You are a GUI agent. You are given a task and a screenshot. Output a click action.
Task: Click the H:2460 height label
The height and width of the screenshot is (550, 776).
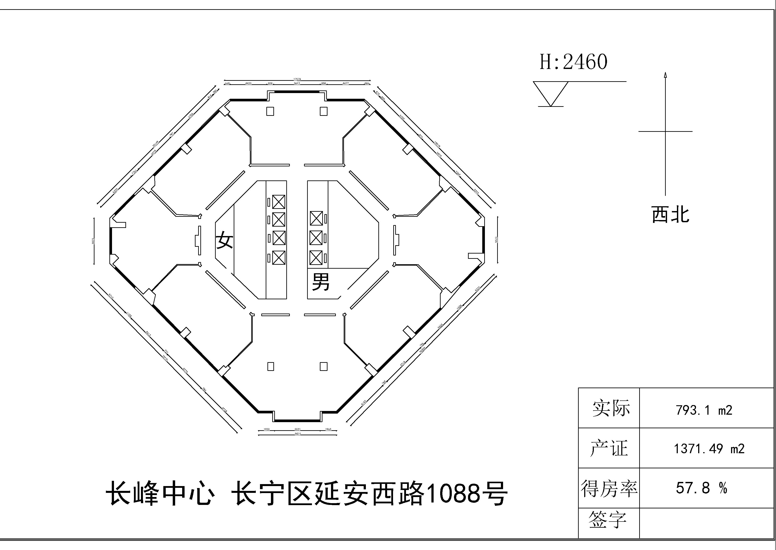point(573,62)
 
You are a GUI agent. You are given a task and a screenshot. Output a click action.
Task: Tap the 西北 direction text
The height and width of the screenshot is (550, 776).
point(670,215)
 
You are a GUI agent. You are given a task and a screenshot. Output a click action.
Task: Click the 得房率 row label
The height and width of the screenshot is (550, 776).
point(609,488)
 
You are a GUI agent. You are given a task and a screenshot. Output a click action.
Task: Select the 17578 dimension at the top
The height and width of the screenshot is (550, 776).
point(297,79)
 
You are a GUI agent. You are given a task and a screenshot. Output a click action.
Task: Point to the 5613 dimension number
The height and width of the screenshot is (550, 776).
point(297,83)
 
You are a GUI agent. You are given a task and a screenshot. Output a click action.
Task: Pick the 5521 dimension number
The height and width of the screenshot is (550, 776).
point(297,429)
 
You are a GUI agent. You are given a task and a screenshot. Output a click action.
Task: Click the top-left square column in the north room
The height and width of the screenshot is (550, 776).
point(270,111)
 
